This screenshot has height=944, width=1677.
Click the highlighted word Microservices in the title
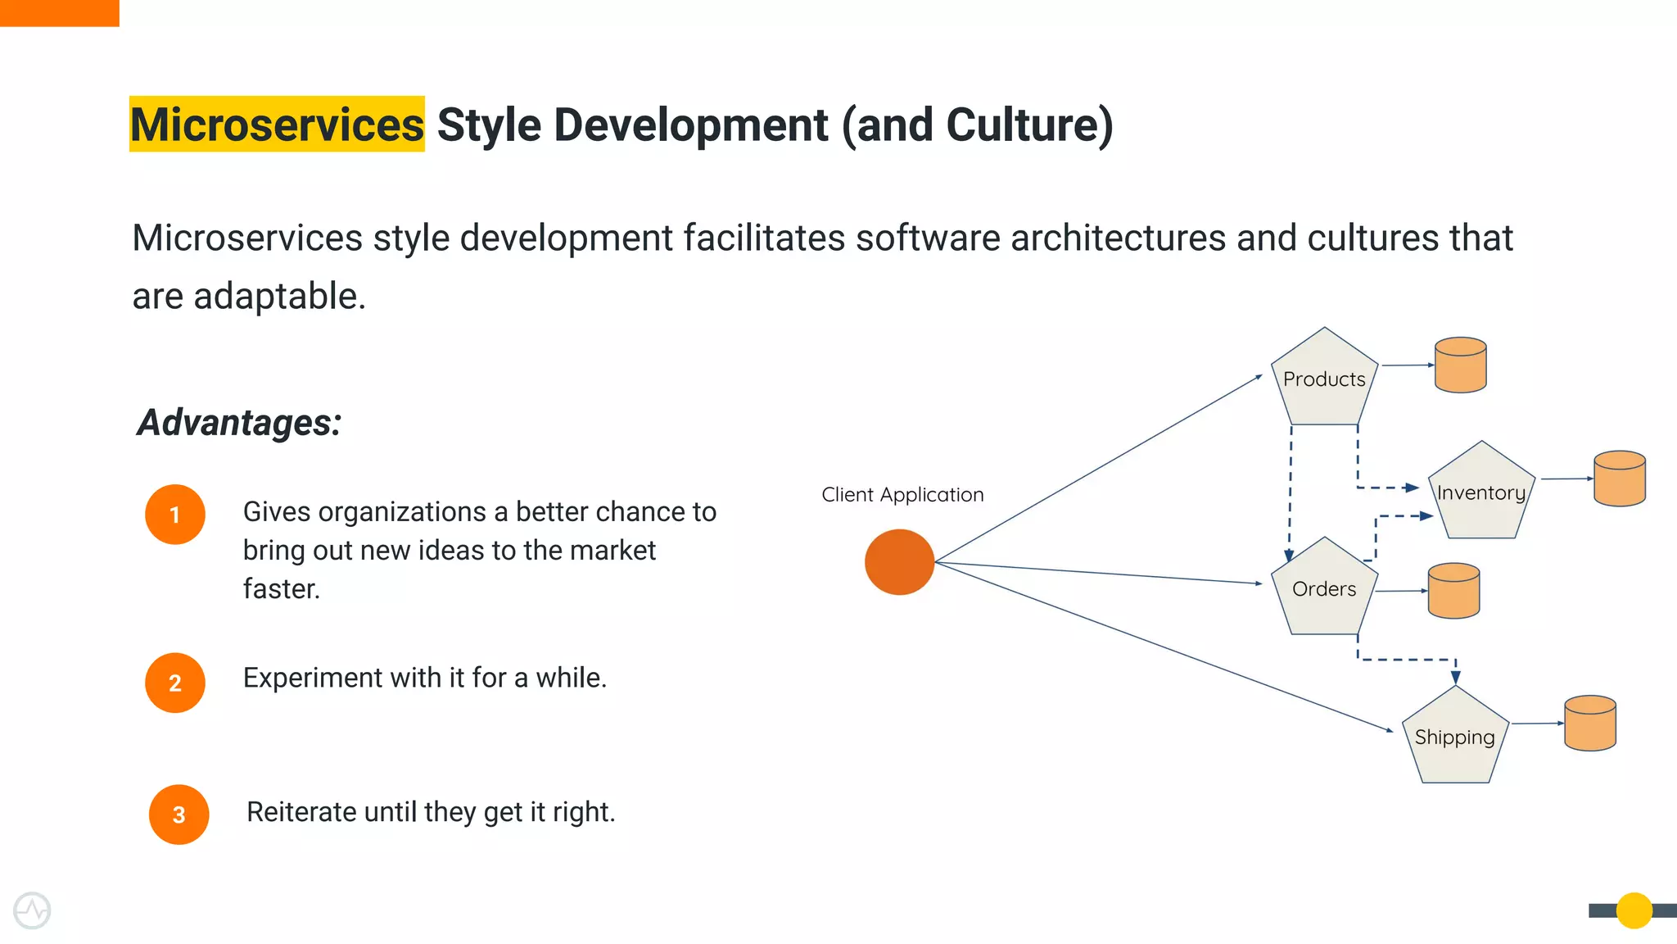click(277, 125)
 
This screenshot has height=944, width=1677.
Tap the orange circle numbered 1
click(174, 515)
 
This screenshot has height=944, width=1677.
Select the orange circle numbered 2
click(174, 683)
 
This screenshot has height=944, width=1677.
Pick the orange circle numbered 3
click(179, 815)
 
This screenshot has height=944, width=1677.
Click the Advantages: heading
click(238, 423)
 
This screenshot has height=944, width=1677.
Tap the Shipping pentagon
click(1455, 737)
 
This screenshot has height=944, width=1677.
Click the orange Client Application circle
click(899, 562)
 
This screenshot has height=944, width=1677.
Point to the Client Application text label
click(902, 495)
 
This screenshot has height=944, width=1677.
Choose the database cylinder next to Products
click(1461, 365)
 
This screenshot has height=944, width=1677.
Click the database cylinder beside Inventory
click(1620, 479)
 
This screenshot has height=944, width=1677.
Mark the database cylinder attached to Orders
click(1453, 591)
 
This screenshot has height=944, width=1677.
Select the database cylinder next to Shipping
click(1590, 724)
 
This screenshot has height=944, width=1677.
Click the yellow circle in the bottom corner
click(1634, 910)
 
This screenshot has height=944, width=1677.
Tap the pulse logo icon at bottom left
click(32, 910)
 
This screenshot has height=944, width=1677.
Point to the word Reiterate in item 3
click(301, 812)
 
